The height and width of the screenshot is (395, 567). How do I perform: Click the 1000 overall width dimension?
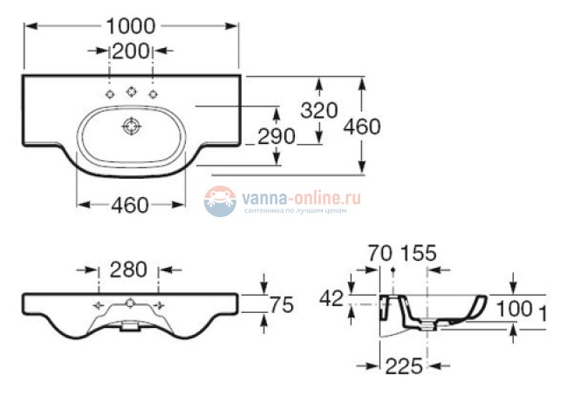coord(131,26)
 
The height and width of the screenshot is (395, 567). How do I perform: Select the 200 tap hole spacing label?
coord(131,51)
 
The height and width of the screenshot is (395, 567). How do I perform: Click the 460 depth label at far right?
coord(361,126)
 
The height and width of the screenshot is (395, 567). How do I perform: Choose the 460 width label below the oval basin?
coord(130,206)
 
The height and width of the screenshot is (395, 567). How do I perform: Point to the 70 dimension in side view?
coord(379,255)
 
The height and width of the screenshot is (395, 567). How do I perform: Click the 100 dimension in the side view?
coord(515,308)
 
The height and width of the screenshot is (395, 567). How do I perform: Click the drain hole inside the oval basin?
coord(132,126)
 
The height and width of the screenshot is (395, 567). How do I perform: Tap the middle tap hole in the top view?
coord(131,90)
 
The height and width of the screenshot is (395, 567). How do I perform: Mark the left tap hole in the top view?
coord(110,94)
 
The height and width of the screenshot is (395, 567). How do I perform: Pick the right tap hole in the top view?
coord(153,94)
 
